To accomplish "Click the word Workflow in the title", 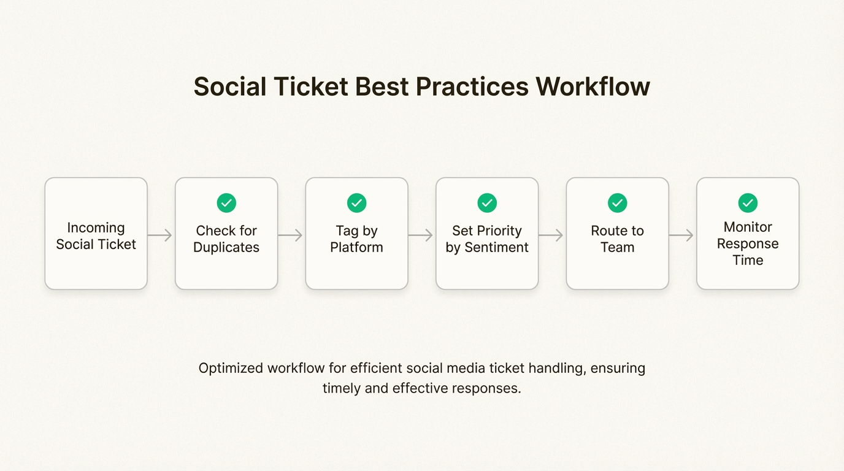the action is [593, 86].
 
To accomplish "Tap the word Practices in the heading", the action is [472, 86].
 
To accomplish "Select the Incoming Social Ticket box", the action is [96, 234].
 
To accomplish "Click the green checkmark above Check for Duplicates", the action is [226, 203].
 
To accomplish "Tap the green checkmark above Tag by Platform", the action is [357, 203].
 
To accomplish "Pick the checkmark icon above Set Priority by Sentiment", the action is [487, 203].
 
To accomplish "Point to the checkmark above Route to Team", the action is [618, 203].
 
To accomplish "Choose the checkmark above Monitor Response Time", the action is [748, 203].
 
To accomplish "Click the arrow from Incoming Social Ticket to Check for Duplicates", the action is [159, 235].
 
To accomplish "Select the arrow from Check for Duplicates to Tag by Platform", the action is [290, 235].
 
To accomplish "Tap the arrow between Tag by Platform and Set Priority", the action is [421, 235].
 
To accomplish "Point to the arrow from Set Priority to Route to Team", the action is [551, 235].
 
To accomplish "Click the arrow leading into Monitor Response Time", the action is [681, 235].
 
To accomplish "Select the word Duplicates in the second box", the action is [226, 248].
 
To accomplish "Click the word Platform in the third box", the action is [357, 247].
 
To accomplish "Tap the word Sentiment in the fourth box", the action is [497, 247].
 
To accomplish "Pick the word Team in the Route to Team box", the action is [618, 247].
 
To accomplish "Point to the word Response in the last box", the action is [748, 245].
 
